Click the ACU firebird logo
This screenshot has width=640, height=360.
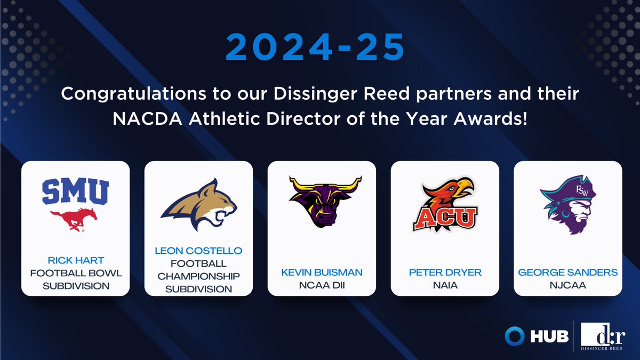[445, 205]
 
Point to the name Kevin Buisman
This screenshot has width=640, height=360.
[322, 273]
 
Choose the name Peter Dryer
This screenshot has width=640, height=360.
[445, 273]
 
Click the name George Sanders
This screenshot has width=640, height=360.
[568, 273]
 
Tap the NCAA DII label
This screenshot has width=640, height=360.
[322, 285]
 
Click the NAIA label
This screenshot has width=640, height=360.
[445, 285]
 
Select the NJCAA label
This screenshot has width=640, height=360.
[568, 285]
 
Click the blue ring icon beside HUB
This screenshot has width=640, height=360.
[515, 337]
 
